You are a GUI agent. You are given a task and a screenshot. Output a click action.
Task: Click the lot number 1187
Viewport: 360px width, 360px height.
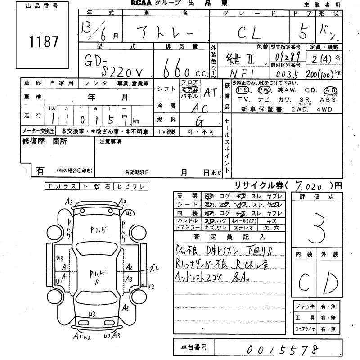pyautogui.click(x=44, y=42)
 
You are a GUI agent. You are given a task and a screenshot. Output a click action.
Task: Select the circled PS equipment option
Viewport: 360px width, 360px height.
pyautogui.click(x=241, y=89)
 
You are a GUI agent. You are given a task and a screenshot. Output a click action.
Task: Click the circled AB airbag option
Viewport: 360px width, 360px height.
pyautogui.click(x=330, y=89)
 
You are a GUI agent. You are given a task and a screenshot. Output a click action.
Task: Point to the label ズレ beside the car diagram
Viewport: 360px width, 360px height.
pyautogui.click(x=154, y=269)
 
